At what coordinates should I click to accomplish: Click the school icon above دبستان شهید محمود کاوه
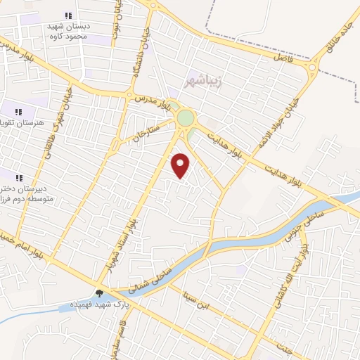(68, 15)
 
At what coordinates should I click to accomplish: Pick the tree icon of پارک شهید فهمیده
(99, 294)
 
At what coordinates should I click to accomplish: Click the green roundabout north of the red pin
(186, 117)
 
